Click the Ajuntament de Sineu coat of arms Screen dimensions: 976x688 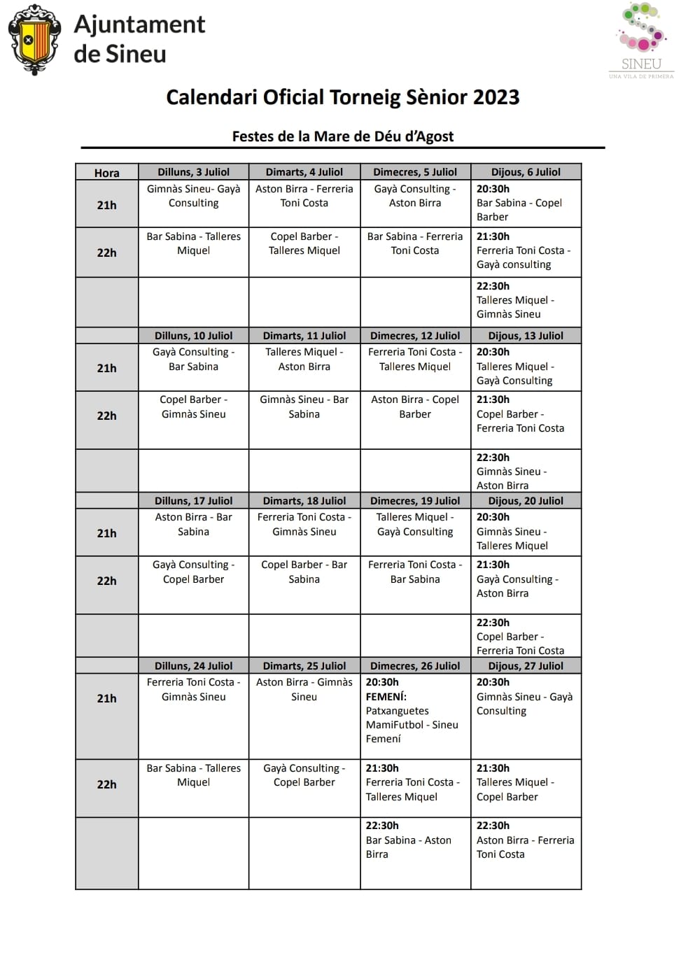click(x=34, y=40)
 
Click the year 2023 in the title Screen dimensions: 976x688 click(x=496, y=97)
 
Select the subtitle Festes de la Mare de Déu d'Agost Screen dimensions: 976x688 click(x=343, y=136)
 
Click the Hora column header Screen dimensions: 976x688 click(x=106, y=173)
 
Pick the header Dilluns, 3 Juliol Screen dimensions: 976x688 click(x=193, y=172)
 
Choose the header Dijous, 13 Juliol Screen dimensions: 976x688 click(x=526, y=336)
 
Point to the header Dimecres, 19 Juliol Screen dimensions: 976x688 click(x=415, y=501)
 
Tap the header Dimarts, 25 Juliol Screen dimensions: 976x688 click(x=304, y=666)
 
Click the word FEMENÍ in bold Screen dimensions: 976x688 click(x=386, y=697)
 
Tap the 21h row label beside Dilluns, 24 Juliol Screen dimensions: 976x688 click(x=106, y=698)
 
